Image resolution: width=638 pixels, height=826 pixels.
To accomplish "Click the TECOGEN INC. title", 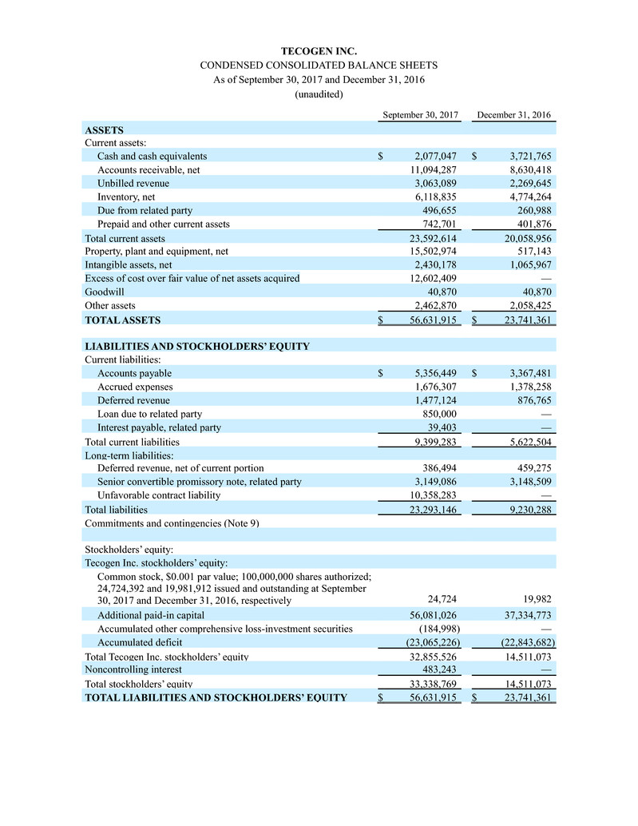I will point(319,51).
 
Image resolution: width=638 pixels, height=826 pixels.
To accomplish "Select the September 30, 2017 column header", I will point(421,115).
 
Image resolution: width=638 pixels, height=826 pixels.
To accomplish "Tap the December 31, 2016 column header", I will point(513,115).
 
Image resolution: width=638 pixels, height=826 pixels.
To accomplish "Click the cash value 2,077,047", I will point(435,156).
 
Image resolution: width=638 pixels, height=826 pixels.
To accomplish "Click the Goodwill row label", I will point(105,292).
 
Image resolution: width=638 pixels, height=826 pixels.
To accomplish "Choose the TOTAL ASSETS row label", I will point(122,320).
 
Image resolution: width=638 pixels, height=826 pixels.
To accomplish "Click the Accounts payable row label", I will point(134,373).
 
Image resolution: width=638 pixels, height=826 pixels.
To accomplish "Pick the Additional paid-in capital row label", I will point(150,615).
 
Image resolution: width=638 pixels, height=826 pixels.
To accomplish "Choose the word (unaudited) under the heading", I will point(319,94).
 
